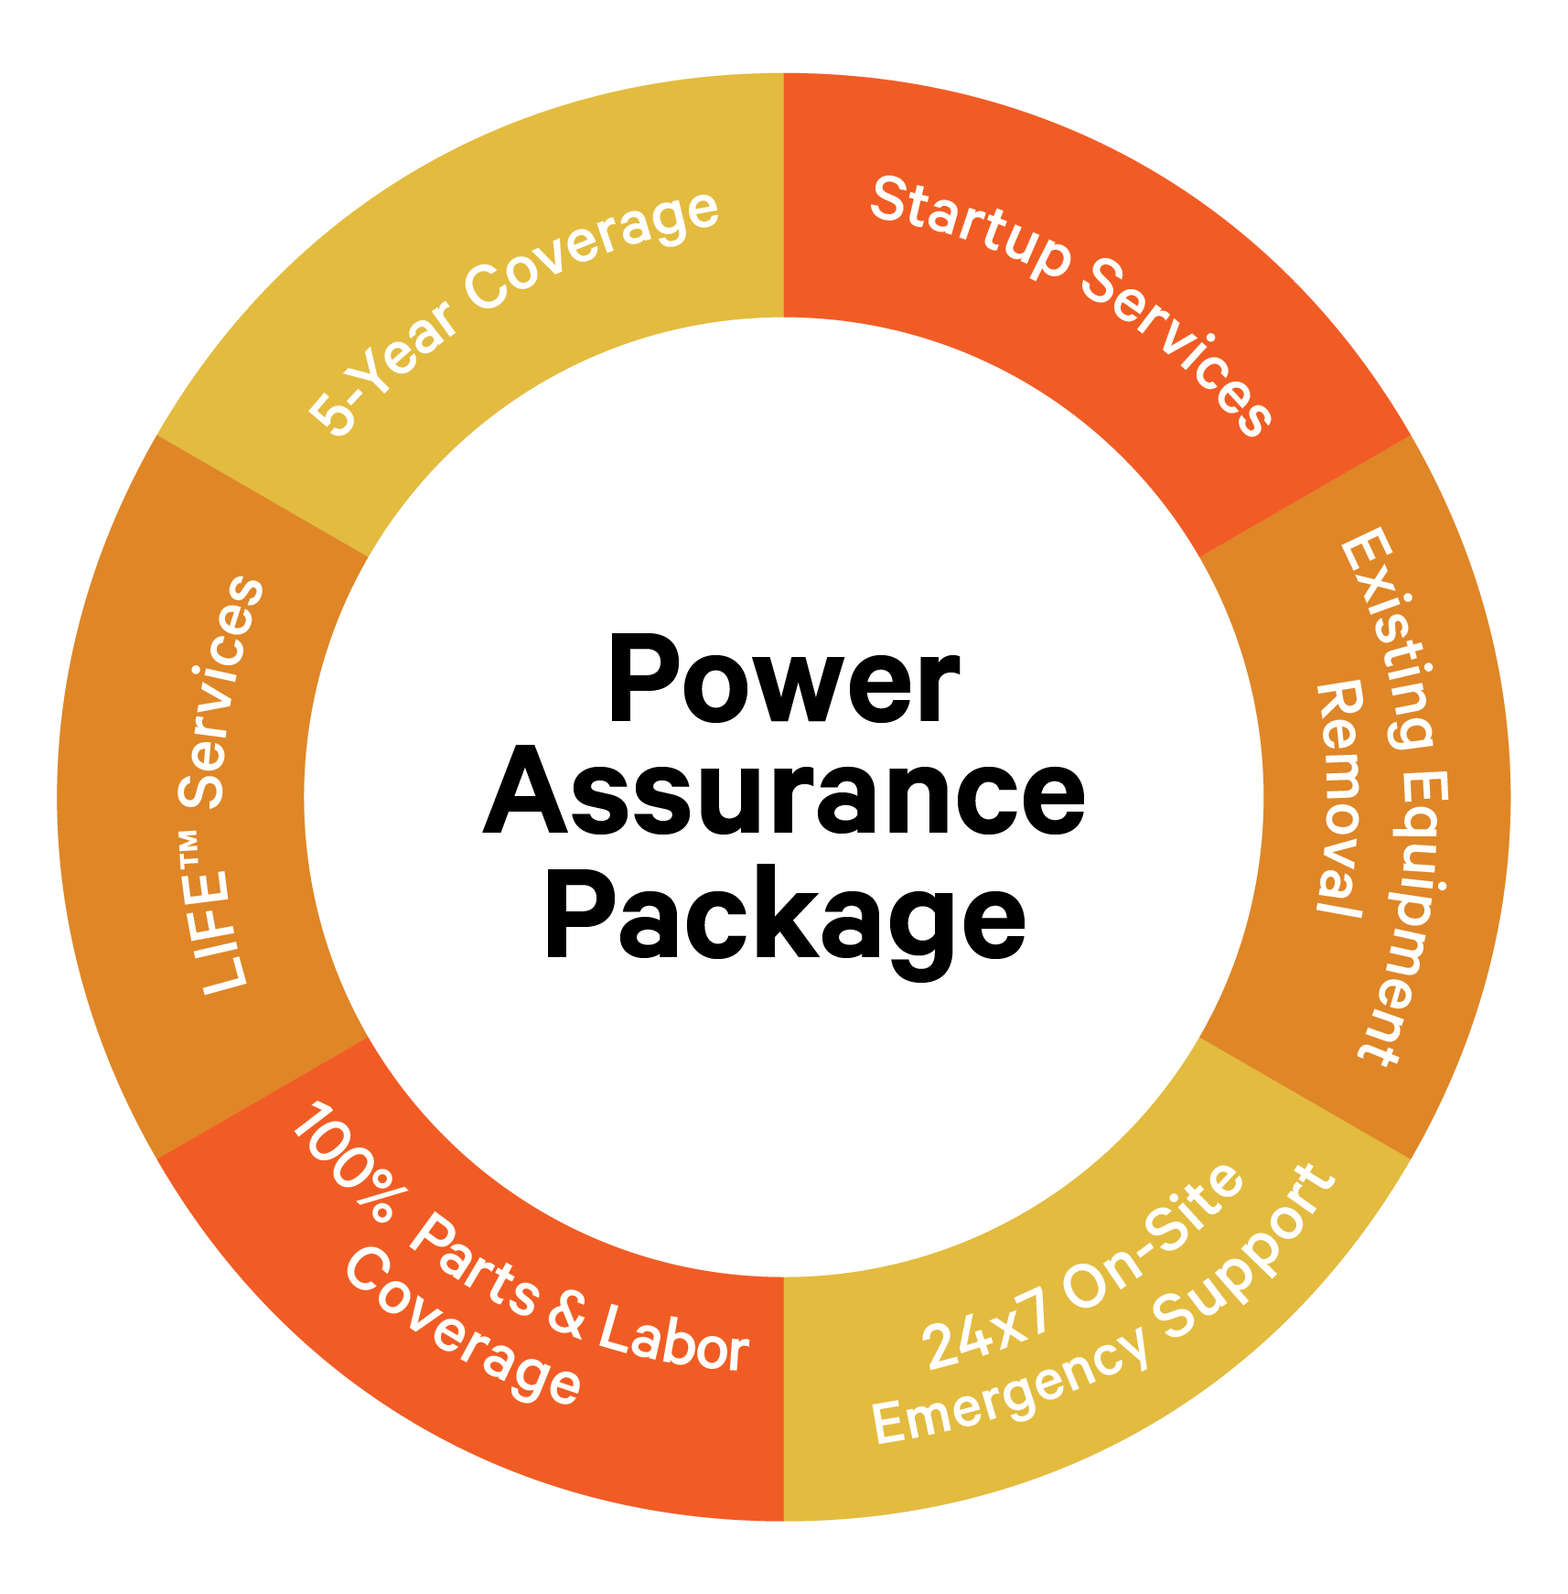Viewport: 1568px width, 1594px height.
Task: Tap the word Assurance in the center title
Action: [784, 792]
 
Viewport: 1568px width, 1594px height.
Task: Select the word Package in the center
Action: [784, 915]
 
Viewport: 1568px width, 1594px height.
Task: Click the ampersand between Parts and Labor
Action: [567, 1312]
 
